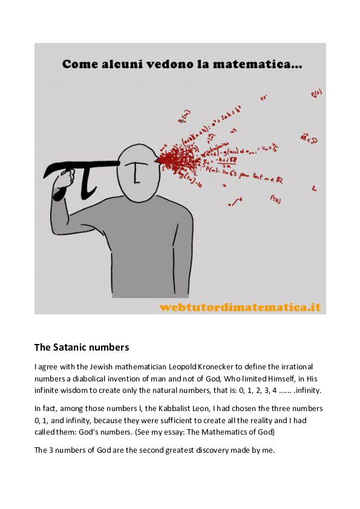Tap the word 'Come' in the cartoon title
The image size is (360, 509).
[79, 63]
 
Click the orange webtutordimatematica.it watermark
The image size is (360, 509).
[240, 307]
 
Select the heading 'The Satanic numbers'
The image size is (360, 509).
[82, 348]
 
